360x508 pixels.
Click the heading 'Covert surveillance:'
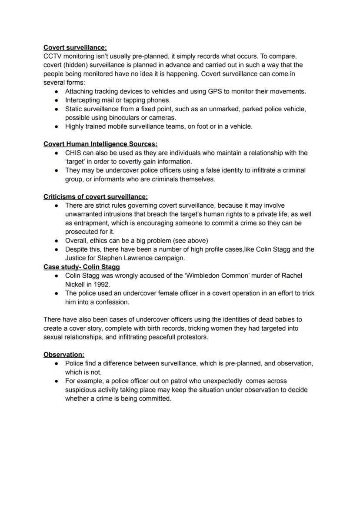coord(75,47)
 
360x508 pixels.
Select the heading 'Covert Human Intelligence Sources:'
coord(100,144)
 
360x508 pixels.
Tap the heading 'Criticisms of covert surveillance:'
coord(95,196)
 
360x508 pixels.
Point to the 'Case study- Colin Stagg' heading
coord(81,267)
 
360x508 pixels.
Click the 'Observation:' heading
coord(63,355)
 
